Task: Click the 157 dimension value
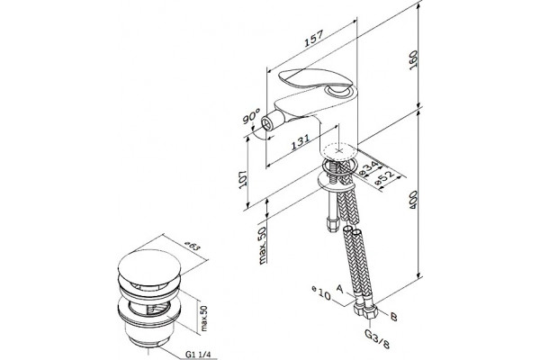(x=314, y=38)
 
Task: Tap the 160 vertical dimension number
(x=413, y=59)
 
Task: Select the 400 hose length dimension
(x=413, y=199)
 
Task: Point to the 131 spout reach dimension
(x=300, y=141)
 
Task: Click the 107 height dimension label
(x=243, y=178)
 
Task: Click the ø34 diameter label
(x=368, y=167)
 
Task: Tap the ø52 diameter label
(x=385, y=179)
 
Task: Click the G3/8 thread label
(x=378, y=339)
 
